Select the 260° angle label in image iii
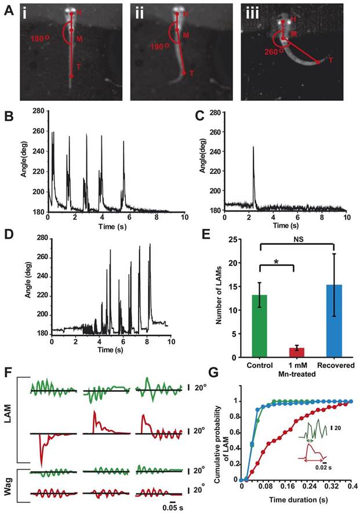click(x=270, y=51)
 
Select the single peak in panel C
click(x=253, y=148)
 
